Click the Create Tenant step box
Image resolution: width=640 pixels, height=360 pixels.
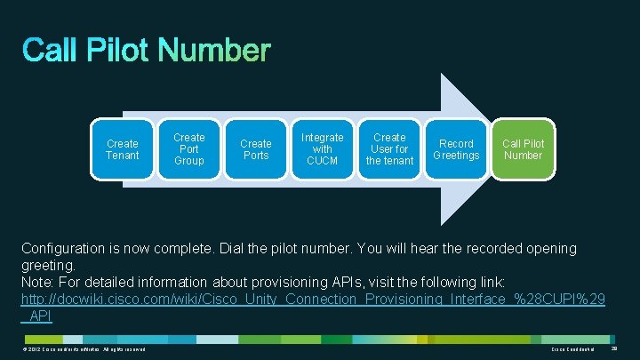(x=123, y=149)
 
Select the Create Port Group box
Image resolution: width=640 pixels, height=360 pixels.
(x=189, y=149)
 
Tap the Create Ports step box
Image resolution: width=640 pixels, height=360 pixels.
(x=256, y=149)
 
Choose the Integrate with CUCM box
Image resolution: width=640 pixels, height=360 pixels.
(x=323, y=149)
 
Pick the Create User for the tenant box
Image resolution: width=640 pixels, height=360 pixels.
(x=389, y=149)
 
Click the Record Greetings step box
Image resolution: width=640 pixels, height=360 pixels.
(x=456, y=149)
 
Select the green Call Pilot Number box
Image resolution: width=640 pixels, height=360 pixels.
(x=523, y=149)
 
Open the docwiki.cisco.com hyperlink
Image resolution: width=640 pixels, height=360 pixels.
(x=311, y=300)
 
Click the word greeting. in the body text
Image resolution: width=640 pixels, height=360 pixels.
(x=50, y=265)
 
